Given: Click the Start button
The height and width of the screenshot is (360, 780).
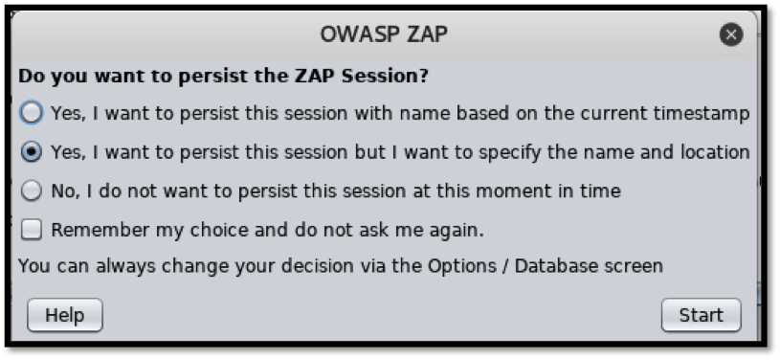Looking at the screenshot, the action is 701,315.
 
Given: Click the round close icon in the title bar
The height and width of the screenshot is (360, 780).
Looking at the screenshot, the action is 731,35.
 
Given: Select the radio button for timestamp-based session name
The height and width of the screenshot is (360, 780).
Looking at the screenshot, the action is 32,113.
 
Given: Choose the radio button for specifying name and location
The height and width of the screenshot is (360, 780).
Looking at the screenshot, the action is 32,152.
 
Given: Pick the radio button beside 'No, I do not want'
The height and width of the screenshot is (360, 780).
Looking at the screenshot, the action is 32,191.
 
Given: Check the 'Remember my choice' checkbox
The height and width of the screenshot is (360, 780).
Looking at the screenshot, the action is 32,230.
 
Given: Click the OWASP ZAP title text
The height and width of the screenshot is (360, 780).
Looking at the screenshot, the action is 384,34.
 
